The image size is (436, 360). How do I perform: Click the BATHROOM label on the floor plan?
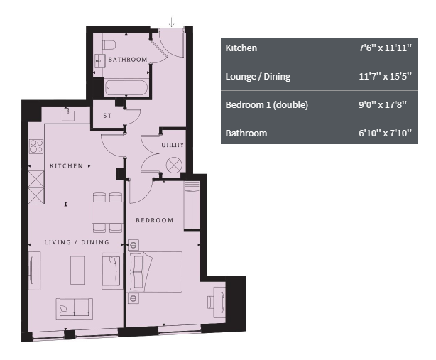point(128,60)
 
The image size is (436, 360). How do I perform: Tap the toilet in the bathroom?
point(109,45)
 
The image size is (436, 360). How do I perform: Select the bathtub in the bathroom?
point(126,87)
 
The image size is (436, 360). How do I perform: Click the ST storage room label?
point(107,116)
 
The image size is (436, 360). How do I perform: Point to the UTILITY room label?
point(173,145)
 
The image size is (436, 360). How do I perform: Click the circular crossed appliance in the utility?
point(174,165)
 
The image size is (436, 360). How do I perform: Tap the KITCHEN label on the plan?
point(66,166)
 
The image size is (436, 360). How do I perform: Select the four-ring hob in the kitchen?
point(36,146)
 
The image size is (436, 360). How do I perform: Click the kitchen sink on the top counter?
point(68,115)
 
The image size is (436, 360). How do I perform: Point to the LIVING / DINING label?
point(77,242)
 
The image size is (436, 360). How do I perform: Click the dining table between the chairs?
point(107,212)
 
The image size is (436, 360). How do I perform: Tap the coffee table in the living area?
point(77,270)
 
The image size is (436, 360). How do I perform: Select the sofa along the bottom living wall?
point(75,309)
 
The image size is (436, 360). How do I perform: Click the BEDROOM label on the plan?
point(155,220)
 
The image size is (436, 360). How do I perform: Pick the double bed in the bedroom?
point(156,272)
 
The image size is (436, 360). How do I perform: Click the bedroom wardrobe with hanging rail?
point(192,206)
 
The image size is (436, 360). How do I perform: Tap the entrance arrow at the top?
point(172,22)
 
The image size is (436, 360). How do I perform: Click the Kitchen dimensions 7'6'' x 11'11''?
point(385,48)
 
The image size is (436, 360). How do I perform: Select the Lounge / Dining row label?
point(258,77)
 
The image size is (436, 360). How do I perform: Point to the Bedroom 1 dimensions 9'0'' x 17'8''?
point(383,105)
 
